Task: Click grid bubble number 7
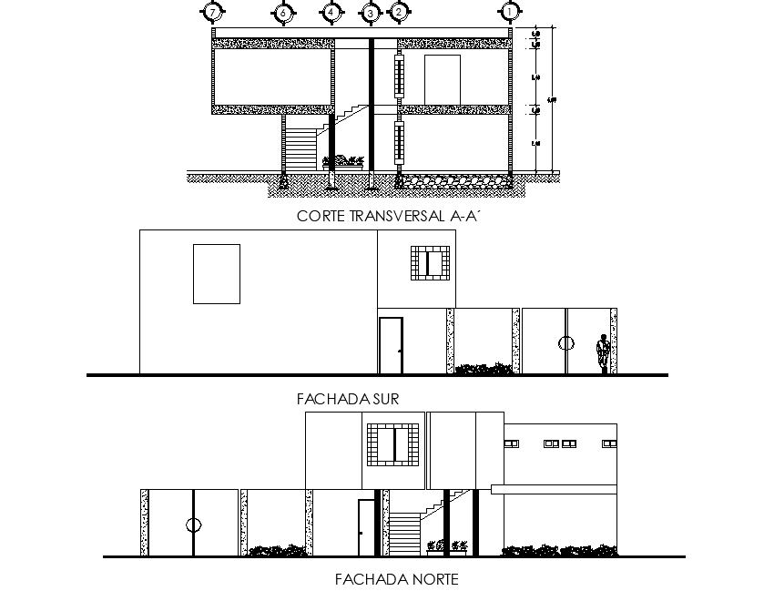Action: [212, 13]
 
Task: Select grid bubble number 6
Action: [283, 13]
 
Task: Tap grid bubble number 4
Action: [331, 13]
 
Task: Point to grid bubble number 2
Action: [398, 13]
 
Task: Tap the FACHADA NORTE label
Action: [396, 579]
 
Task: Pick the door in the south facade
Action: [391, 345]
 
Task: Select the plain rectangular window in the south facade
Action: [216, 273]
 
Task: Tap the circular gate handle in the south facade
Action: [566, 342]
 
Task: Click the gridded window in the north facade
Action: [392, 446]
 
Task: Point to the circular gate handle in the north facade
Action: [192, 525]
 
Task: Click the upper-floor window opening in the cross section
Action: [443, 76]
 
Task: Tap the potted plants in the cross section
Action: [343, 161]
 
